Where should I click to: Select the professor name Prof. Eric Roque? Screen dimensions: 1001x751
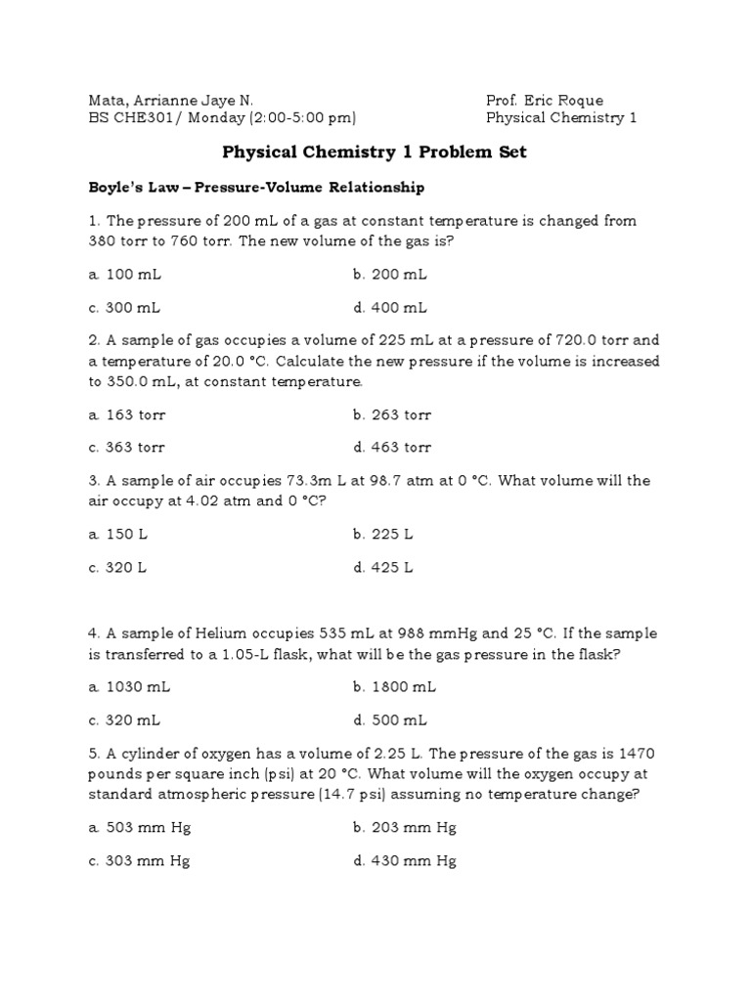click(544, 101)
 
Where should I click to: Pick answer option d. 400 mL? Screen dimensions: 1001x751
click(390, 307)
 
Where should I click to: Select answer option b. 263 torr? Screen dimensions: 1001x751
click(392, 414)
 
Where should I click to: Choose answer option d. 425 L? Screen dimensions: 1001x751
click(383, 567)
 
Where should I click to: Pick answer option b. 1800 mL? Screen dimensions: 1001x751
click(395, 687)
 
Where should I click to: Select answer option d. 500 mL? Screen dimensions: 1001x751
click(390, 719)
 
